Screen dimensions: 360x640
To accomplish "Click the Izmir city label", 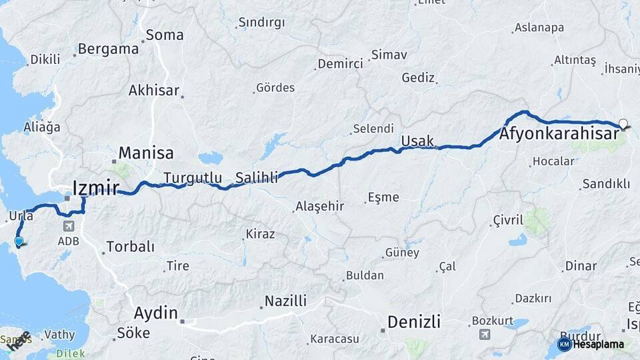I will click(x=96, y=187).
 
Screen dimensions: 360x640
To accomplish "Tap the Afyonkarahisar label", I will click(x=557, y=135).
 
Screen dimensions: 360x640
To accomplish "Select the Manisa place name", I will click(x=146, y=153).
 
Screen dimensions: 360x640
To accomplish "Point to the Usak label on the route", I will click(x=417, y=141).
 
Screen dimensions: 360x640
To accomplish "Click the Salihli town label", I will click(x=256, y=178).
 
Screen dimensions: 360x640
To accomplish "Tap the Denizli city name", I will click(x=414, y=323).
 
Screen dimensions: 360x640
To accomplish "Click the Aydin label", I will click(x=156, y=313).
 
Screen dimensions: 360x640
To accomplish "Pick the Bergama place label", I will click(x=108, y=49).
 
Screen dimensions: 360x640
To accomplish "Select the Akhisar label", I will click(x=154, y=90).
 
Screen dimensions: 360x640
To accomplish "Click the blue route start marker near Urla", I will click(x=19, y=242).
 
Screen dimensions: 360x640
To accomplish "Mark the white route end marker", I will click(x=623, y=123).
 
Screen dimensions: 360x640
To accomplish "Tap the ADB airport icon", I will click(x=69, y=227).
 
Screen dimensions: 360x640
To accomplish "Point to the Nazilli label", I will click(x=285, y=301).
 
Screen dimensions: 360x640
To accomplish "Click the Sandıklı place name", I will click(x=606, y=183).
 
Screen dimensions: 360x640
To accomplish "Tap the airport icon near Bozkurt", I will click(x=485, y=334).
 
